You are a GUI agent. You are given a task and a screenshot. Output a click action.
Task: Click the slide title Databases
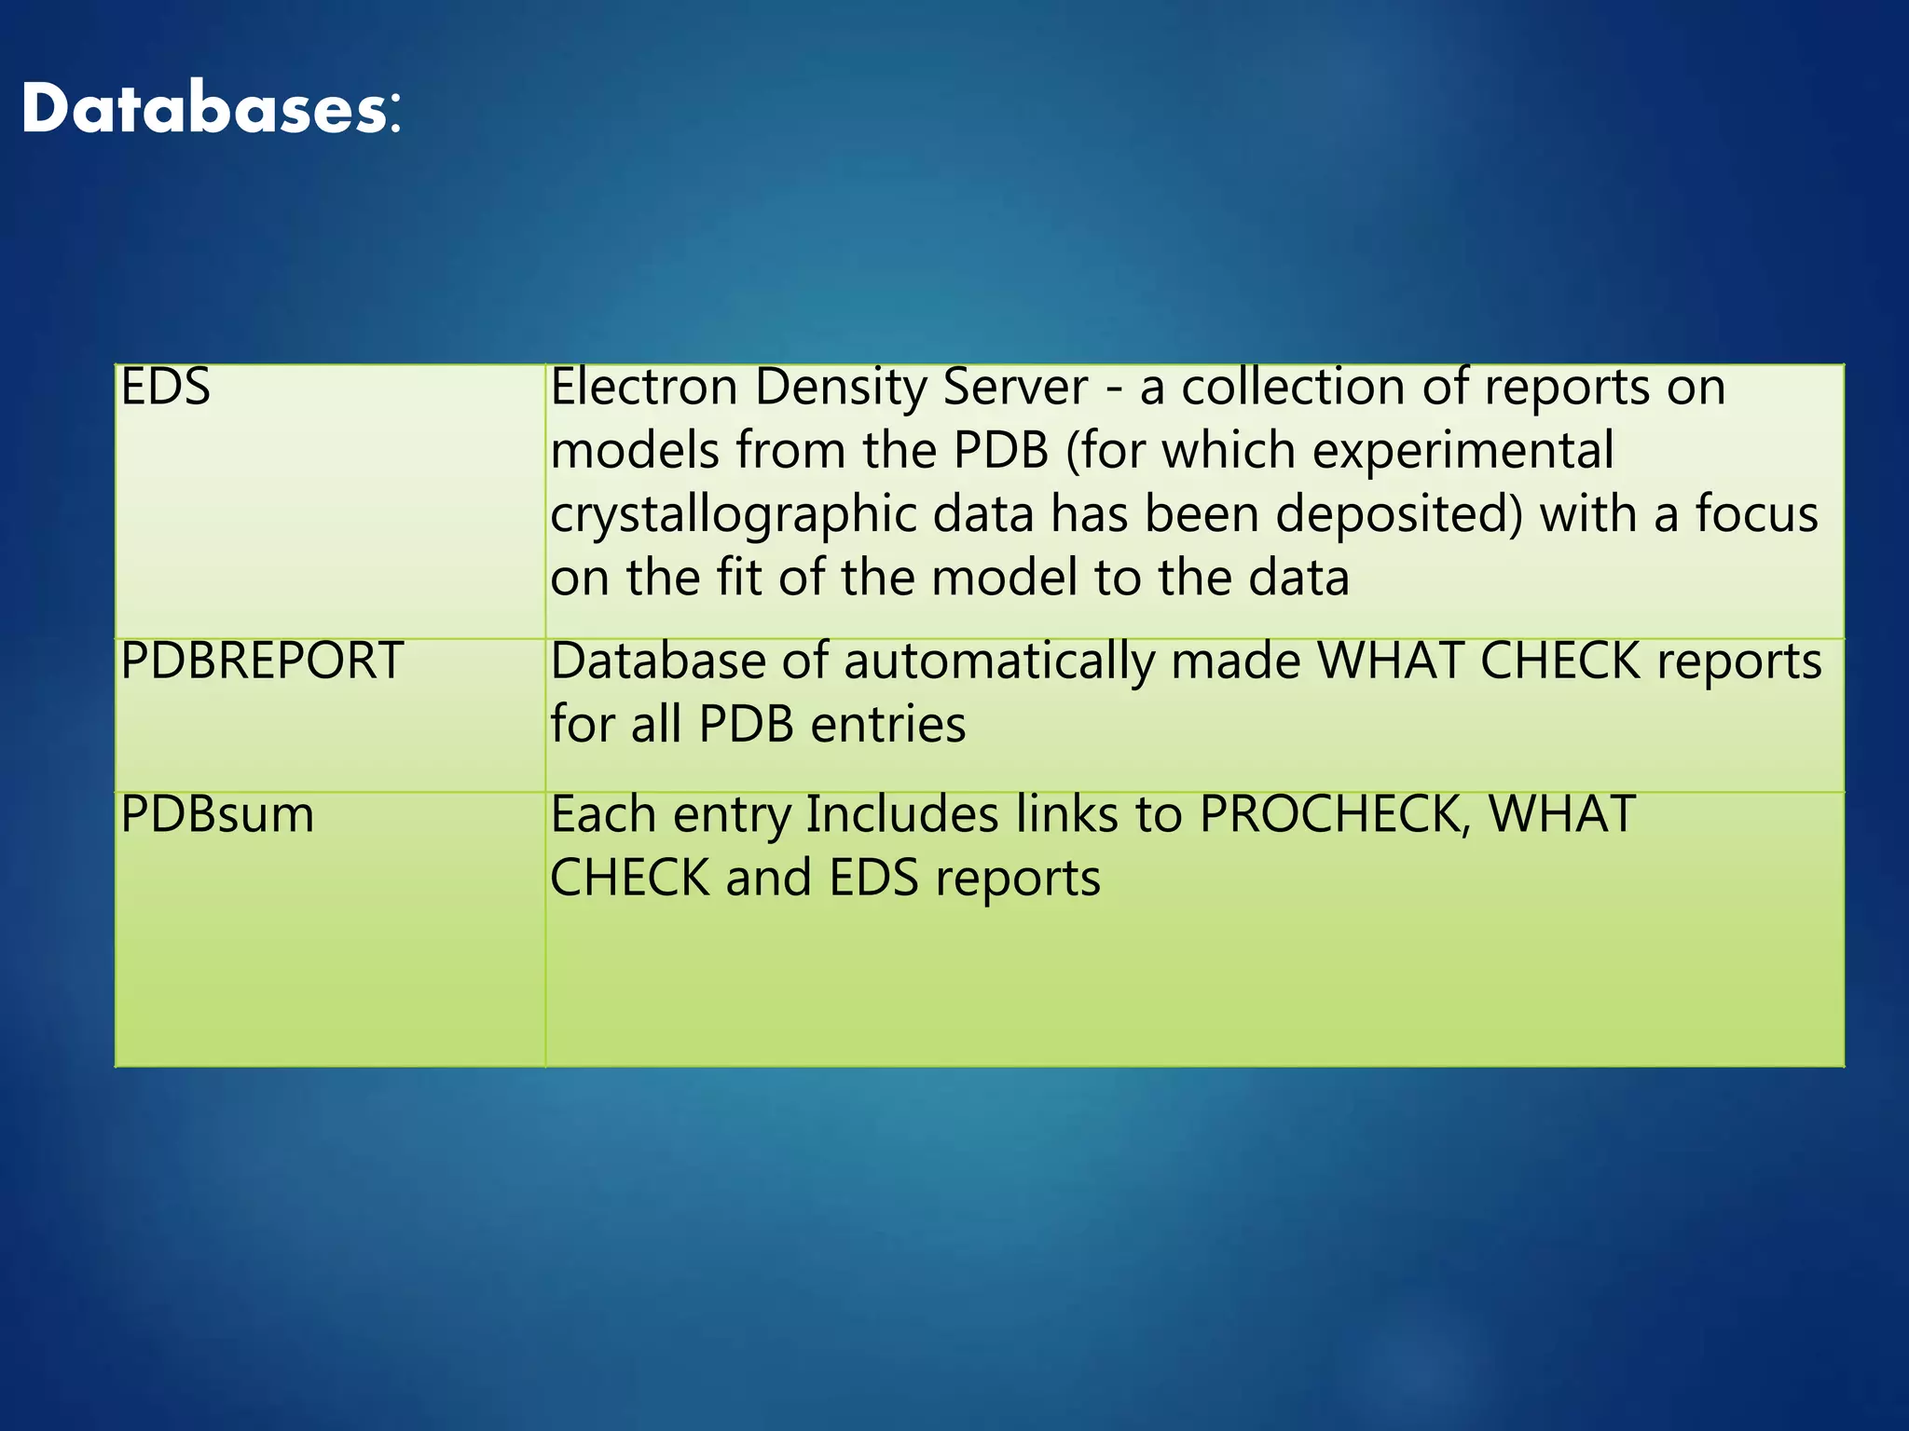[212, 109]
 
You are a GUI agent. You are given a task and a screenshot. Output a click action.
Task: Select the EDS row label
[166, 387]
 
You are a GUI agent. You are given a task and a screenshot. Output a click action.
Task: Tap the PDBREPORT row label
[262, 661]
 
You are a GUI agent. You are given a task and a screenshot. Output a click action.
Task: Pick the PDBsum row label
[217, 814]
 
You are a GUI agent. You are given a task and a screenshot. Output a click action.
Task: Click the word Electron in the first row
[644, 387]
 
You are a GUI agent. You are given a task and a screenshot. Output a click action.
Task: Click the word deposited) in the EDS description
[1399, 513]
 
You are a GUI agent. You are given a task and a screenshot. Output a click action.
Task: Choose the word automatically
[999, 662]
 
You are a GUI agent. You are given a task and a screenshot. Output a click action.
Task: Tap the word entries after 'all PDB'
[888, 725]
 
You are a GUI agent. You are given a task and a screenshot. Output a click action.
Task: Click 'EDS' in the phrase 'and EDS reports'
[873, 878]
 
